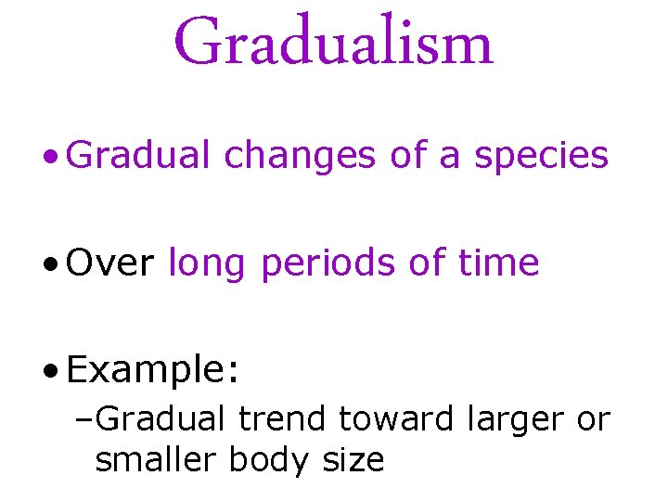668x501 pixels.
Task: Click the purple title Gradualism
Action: [x=334, y=42]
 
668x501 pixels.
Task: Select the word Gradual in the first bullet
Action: [x=140, y=156]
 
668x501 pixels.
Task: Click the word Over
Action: [x=110, y=263]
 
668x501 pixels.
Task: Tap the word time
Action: [x=499, y=263]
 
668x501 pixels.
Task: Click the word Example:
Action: [x=154, y=371]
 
